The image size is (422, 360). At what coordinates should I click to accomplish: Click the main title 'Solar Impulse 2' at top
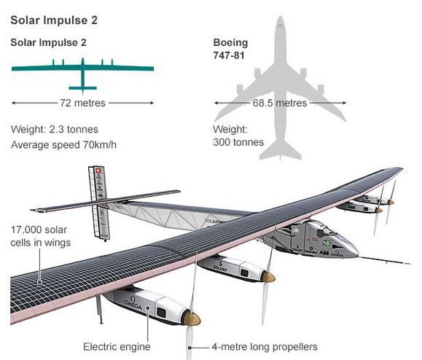tap(54, 20)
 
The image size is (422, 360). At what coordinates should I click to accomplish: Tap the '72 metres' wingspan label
tap(82, 103)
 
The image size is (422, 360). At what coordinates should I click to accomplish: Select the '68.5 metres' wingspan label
tap(280, 103)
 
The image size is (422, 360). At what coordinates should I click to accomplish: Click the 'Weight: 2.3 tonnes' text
tap(55, 130)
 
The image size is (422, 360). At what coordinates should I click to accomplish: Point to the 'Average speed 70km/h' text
tap(64, 145)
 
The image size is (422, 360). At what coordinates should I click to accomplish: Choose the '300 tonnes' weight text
tap(238, 142)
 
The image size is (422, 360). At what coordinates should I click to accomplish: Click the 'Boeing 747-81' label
tap(230, 49)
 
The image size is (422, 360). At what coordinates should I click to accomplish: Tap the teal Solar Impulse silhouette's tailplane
tap(82, 88)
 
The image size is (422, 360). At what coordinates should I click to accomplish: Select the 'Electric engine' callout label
tap(117, 347)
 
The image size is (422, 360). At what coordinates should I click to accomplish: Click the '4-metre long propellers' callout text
tap(265, 347)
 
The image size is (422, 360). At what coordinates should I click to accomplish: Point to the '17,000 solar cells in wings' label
tap(40, 236)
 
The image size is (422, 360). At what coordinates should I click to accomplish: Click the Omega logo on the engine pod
tap(133, 302)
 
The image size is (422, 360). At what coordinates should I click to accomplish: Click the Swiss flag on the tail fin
tap(98, 171)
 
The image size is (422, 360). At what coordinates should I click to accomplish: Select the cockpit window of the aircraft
tap(325, 231)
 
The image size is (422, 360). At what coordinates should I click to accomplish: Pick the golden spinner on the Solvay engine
tap(268, 277)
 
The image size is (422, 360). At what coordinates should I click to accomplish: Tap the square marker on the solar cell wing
tap(39, 282)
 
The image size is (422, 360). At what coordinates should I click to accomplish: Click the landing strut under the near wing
tap(100, 310)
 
